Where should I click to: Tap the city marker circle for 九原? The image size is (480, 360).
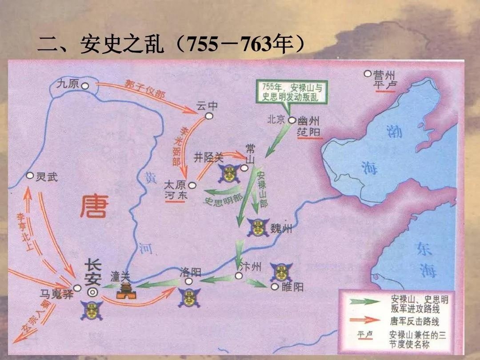point(84,85)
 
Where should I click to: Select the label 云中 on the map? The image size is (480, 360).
point(208,106)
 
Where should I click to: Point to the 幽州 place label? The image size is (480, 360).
point(309,120)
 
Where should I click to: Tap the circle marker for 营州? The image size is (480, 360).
point(368,74)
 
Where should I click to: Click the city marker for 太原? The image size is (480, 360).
point(192,185)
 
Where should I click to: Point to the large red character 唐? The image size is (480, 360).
point(94,208)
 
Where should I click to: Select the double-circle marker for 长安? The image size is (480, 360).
point(93,292)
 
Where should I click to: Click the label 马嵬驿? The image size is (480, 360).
point(56,294)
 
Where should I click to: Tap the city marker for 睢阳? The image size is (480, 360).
point(275,287)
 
